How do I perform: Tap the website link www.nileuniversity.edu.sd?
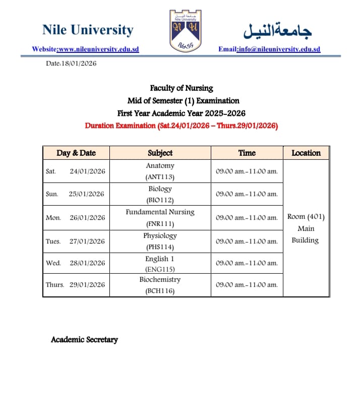tap(98, 49)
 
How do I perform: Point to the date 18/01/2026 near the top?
tap(79, 64)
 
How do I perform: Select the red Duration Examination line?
tap(182, 126)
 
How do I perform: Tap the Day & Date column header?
tap(76, 153)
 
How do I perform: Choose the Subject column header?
tap(160, 153)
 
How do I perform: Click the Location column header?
tap(306, 153)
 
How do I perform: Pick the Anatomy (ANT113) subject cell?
tap(160, 171)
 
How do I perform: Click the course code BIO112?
tap(160, 200)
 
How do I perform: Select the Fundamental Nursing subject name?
tap(160, 212)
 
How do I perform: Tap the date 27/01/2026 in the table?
tap(87, 241)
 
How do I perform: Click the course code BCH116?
tap(160, 290)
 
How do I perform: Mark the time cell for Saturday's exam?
tap(247, 171)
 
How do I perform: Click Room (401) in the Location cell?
tap(306, 217)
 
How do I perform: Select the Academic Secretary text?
tap(84, 340)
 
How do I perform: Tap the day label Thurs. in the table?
tap(55, 285)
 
